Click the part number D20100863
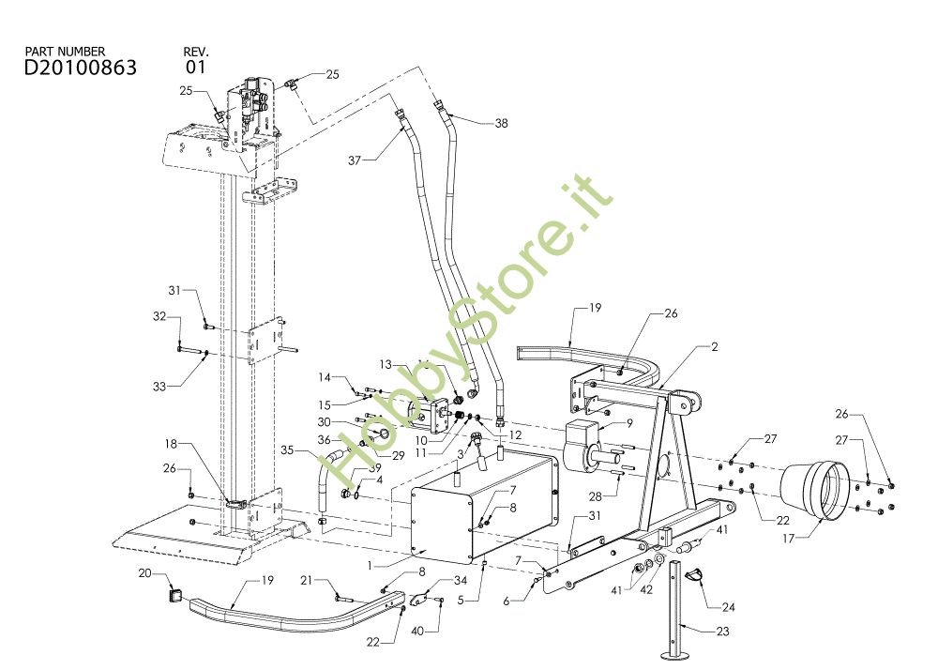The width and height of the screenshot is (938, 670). pos(81,68)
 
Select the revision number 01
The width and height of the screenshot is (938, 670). pos(195,68)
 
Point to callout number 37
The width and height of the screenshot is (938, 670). pos(354,160)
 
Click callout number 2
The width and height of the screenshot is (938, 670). pos(714,347)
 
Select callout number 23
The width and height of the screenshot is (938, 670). pos(722,632)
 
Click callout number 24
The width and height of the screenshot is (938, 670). pos(728,607)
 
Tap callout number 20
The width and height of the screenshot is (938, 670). pos(144,572)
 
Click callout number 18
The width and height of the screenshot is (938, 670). pos(172,443)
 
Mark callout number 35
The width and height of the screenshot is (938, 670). pos(288,450)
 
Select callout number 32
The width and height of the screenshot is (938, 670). pos(159,316)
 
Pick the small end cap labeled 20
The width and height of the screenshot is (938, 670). pos(174,593)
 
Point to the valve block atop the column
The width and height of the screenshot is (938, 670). pos(250,105)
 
